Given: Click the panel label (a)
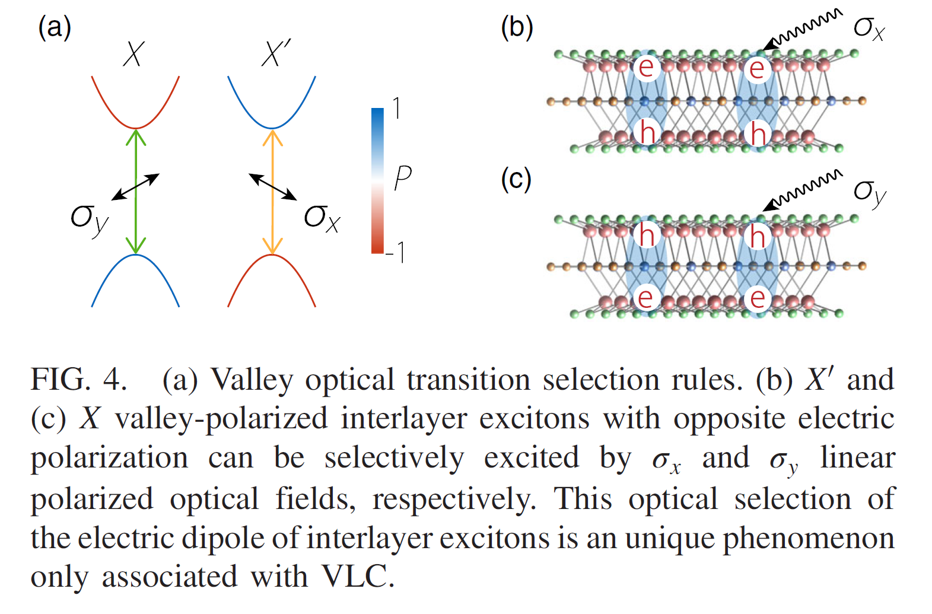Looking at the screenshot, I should pos(55,27).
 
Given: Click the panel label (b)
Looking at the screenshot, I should pos(517,27).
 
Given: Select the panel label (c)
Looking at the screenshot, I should pos(516,179).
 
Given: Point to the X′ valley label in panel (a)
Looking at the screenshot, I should pos(275,53).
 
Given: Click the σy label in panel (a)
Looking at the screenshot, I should pos(89,219).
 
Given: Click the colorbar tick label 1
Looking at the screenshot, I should pos(396,109).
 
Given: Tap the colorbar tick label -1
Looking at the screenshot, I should pos(396,252).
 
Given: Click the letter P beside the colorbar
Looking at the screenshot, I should pos(402,177).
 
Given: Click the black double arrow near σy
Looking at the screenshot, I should pos(135,186).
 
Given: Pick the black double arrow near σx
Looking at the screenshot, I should pos(272,186).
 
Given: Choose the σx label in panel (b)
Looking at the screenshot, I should pos(869,28).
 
